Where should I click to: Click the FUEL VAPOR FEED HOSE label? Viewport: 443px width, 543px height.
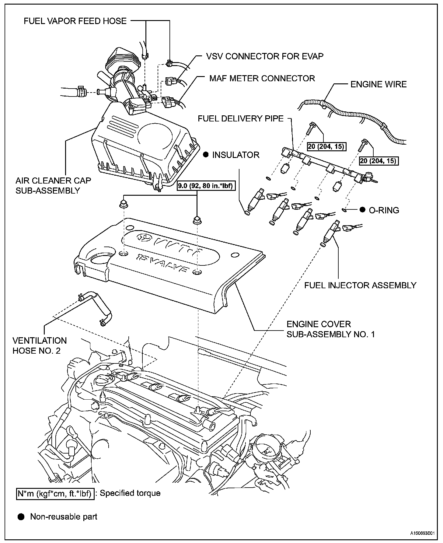tap(75, 21)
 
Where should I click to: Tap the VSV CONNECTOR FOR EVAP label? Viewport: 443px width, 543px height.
tap(265, 56)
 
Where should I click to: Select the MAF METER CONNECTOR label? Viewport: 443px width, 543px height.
tap(262, 79)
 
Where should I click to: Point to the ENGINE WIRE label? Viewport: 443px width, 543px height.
tap(378, 84)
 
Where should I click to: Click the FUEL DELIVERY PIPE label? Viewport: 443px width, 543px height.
tap(241, 118)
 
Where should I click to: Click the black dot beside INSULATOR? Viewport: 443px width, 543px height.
tap(206, 155)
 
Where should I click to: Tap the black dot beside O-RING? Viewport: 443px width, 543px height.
tap(362, 210)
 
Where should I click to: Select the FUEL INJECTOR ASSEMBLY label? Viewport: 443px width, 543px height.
tap(360, 285)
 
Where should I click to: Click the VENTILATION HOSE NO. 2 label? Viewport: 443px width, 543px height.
tap(40, 345)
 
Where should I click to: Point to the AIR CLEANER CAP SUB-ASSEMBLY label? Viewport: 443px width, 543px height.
tap(53, 185)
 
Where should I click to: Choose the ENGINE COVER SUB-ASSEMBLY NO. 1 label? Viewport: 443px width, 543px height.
tap(331, 329)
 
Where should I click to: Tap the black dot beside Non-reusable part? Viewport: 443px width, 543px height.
tap(21, 517)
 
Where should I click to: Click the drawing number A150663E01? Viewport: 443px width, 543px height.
tap(421, 533)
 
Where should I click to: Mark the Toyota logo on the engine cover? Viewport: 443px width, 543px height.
tap(144, 237)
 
